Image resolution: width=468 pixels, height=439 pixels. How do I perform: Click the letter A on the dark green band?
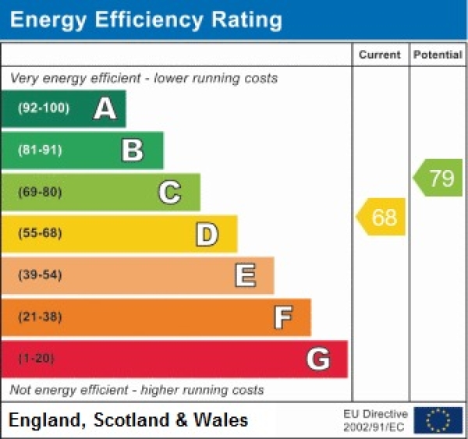(105, 108)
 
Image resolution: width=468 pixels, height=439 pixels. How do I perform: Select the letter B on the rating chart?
(133, 150)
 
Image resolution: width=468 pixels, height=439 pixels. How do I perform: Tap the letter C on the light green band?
(169, 192)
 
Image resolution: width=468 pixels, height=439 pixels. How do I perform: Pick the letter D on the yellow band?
(206, 234)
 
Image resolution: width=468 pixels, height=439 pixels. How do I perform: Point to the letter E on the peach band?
(244, 275)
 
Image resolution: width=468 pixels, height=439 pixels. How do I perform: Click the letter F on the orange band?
(282, 317)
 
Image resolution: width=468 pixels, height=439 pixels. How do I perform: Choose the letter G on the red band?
(317, 359)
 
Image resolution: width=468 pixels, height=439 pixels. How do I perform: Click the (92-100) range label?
(43, 108)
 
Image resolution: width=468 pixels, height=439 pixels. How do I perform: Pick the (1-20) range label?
(37, 359)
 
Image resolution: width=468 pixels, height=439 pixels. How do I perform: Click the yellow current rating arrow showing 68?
(382, 217)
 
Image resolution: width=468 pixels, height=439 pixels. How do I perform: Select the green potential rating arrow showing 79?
(439, 178)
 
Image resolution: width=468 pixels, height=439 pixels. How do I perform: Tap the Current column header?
(380, 55)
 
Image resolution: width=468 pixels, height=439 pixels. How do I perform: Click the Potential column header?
(438, 55)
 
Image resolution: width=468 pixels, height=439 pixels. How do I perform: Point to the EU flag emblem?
(438, 420)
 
